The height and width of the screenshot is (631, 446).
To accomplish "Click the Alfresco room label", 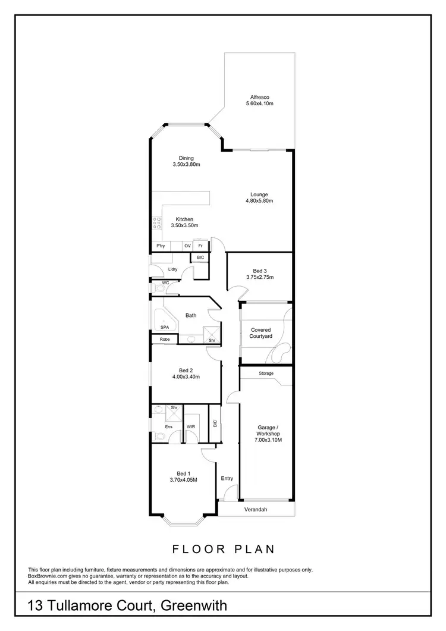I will tap(259, 97).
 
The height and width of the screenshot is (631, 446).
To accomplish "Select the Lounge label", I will tap(259, 194).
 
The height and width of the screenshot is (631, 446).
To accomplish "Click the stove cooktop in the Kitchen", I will tap(158, 223).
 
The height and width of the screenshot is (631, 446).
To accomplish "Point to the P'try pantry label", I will tap(161, 246).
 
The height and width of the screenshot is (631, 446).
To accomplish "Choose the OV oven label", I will tap(187, 246).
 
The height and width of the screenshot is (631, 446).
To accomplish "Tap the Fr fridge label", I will tap(201, 246).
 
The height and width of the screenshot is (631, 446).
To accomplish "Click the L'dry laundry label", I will tap(173, 269).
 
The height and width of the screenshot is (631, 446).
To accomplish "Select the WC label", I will tap(166, 282).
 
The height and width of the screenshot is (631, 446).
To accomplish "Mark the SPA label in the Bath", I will tap(164, 327).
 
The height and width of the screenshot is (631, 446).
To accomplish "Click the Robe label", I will tap(164, 339).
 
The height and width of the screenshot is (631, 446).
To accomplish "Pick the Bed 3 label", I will tap(259, 271).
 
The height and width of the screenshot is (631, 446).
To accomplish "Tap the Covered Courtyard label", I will tap(262, 333).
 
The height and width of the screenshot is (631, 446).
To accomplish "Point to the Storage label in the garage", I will tap(266, 373).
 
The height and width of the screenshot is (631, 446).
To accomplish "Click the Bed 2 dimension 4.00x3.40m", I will tap(186, 376).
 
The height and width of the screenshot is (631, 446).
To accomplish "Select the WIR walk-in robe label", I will tap(191, 426).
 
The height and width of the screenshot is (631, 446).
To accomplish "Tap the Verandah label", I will tap(256, 510).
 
